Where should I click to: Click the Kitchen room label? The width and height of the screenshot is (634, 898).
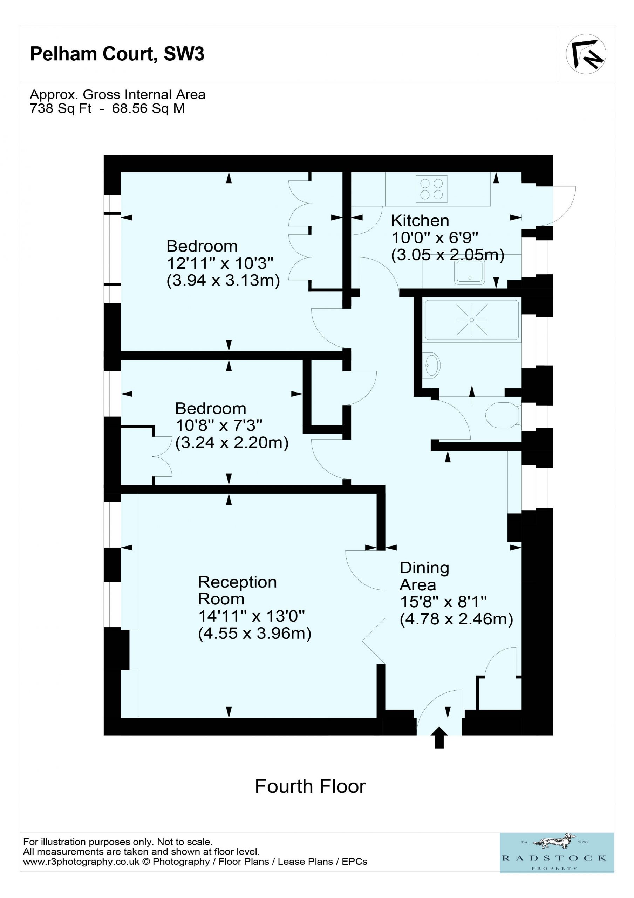tap(420, 221)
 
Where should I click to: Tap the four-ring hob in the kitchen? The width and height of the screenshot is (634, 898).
tap(431, 189)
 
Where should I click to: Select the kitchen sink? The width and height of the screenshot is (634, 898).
tap(469, 272)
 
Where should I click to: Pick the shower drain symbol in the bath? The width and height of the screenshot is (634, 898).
tap(472, 320)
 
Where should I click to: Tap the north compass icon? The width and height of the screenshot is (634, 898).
tap(586, 54)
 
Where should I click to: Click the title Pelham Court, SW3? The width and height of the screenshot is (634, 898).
tap(117, 54)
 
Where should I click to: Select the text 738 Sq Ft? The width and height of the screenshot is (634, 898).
tap(61, 108)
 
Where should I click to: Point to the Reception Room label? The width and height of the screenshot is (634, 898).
tap(237, 590)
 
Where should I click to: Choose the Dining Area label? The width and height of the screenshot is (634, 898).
tap(424, 576)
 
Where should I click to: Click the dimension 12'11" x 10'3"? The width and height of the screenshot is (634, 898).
tap(220, 263)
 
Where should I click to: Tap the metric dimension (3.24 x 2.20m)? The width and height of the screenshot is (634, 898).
tap(232, 443)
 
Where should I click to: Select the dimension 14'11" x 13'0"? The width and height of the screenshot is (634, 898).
tap(251, 616)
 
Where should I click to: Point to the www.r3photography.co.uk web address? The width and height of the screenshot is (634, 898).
tap(81, 862)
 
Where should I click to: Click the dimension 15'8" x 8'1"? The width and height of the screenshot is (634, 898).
tap(444, 602)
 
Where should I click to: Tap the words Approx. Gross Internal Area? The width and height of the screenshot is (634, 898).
tap(118, 95)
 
